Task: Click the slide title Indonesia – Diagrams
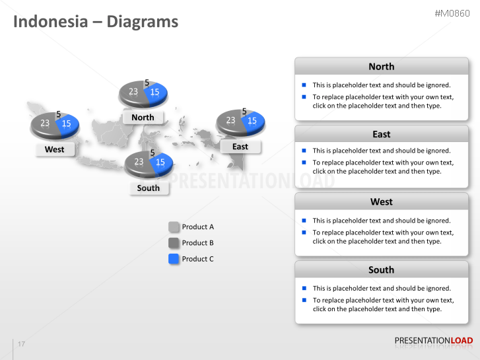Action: (96, 21)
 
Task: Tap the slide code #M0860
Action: (452, 14)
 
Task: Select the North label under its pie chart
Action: (143, 118)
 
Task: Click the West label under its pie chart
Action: (54, 149)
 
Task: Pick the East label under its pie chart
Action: (240, 147)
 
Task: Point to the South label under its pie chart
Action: (149, 188)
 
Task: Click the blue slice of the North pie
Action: (156, 94)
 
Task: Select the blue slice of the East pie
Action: (254, 122)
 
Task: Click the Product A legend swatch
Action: (174, 227)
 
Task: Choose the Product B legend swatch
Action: (174, 243)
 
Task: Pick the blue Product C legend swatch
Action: (174, 259)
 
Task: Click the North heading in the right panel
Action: (381, 67)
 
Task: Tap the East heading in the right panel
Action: (381, 134)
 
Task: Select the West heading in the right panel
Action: (381, 202)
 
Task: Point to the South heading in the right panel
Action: (381, 270)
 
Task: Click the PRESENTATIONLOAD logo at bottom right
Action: (433, 341)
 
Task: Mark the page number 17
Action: (22, 344)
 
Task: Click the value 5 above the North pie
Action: (147, 83)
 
